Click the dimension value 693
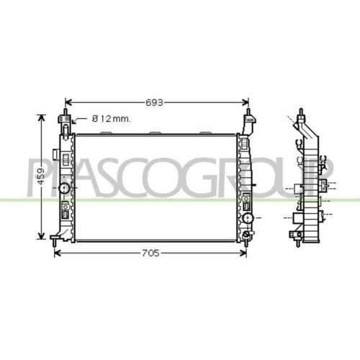point(154,103)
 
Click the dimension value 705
point(150,253)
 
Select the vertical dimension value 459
point(41,176)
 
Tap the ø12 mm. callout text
point(112,119)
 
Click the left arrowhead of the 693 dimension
point(68,103)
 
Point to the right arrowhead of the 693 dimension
point(246,103)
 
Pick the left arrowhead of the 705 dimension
point(58,253)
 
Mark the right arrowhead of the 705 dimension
point(243,253)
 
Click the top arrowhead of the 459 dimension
point(42,118)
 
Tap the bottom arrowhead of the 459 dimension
point(42,235)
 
